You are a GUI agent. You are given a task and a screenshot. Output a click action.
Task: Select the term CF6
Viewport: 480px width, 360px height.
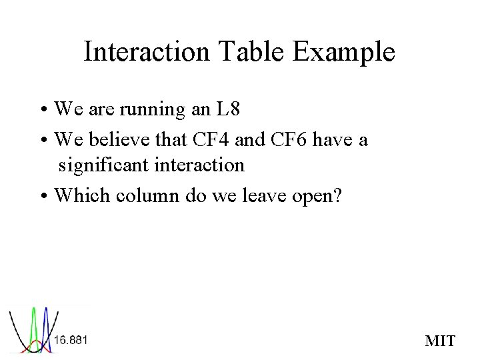click(290, 140)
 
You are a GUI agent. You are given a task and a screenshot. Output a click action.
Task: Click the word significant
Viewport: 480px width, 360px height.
click(104, 164)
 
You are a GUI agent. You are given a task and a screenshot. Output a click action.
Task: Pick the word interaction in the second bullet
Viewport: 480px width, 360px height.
click(199, 164)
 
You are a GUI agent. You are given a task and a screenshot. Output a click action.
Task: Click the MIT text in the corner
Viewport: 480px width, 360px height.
click(440, 341)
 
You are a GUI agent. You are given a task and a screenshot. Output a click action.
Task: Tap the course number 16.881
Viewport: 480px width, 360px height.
click(71, 340)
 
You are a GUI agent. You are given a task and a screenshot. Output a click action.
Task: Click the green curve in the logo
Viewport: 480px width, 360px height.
click(33, 321)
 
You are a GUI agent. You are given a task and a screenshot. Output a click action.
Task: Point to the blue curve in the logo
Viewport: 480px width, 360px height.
click(46, 321)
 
